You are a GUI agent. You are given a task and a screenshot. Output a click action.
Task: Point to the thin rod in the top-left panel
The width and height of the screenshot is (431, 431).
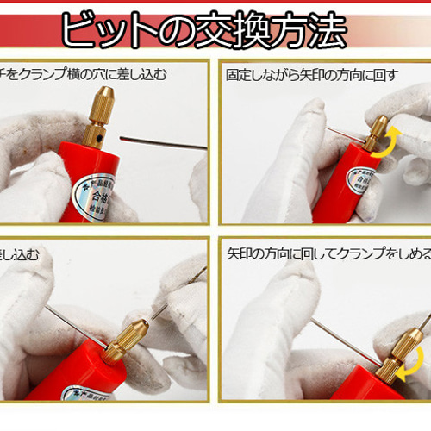(164, 141)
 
